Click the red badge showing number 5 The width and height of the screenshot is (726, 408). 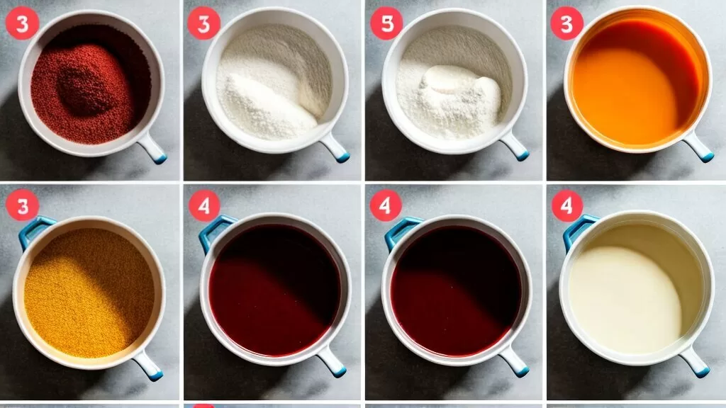click(x=386, y=23)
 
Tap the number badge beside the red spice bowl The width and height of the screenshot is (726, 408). click(x=22, y=23)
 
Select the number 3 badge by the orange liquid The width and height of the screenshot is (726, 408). click(x=566, y=23)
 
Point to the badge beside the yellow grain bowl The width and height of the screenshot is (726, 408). click(x=22, y=205)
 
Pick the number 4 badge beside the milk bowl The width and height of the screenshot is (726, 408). click(x=566, y=205)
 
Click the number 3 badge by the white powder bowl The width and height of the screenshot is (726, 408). click(x=203, y=23)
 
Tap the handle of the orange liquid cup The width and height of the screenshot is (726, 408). click(x=698, y=147)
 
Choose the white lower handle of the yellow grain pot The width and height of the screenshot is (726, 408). click(x=147, y=365)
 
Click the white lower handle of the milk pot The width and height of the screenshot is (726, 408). click(x=695, y=362)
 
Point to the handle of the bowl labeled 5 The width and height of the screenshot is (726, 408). click(x=514, y=145)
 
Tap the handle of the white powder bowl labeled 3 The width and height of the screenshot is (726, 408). click(x=335, y=147)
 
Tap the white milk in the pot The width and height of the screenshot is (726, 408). click(x=625, y=298)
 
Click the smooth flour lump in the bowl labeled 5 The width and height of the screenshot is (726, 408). click(x=459, y=86)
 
